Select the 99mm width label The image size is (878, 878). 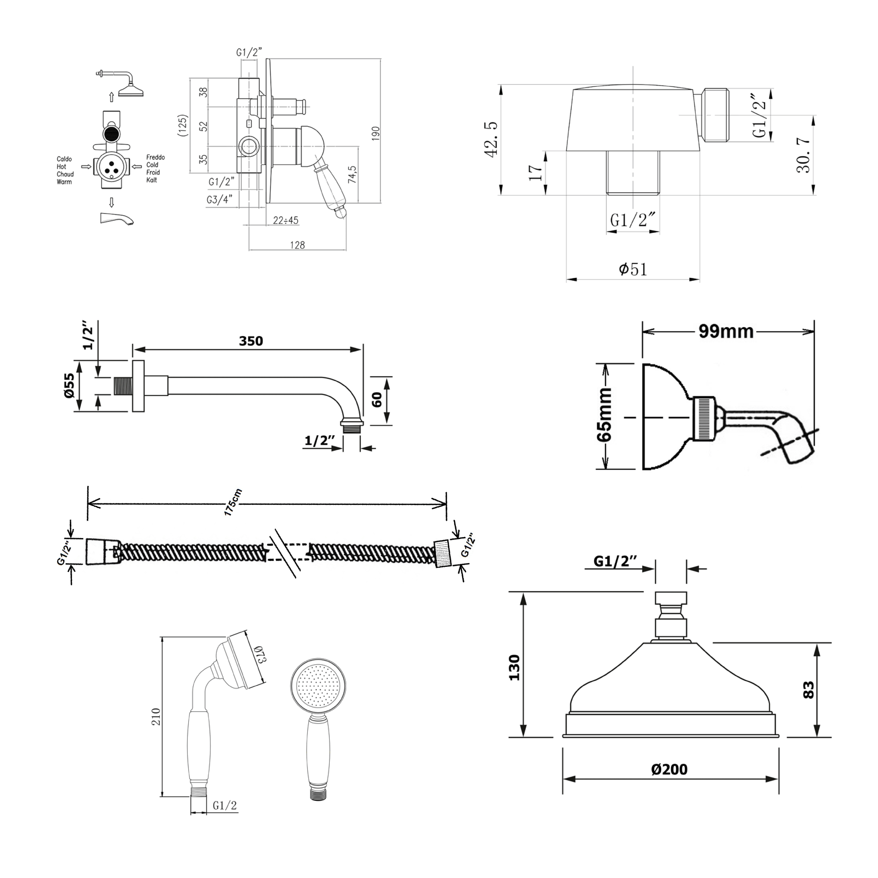(726, 331)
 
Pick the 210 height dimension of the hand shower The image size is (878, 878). (156, 717)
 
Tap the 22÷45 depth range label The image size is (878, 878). (285, 220)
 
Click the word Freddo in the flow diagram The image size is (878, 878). (155, 157)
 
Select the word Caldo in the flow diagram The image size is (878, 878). (64, 159)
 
